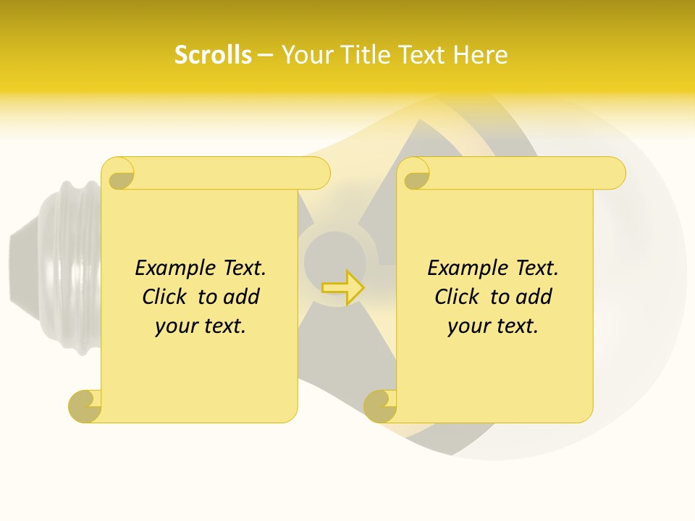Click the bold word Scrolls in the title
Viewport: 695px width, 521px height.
point(213,55)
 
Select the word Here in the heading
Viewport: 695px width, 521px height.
point(481,55)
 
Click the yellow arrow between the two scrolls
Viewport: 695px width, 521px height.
point(342,287)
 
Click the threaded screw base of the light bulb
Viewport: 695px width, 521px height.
point(69,268)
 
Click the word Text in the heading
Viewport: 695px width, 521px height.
point(424,55)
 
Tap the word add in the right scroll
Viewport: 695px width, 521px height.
point(534,297)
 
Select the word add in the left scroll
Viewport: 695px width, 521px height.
point(242,297)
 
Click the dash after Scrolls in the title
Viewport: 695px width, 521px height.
point(266,55)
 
